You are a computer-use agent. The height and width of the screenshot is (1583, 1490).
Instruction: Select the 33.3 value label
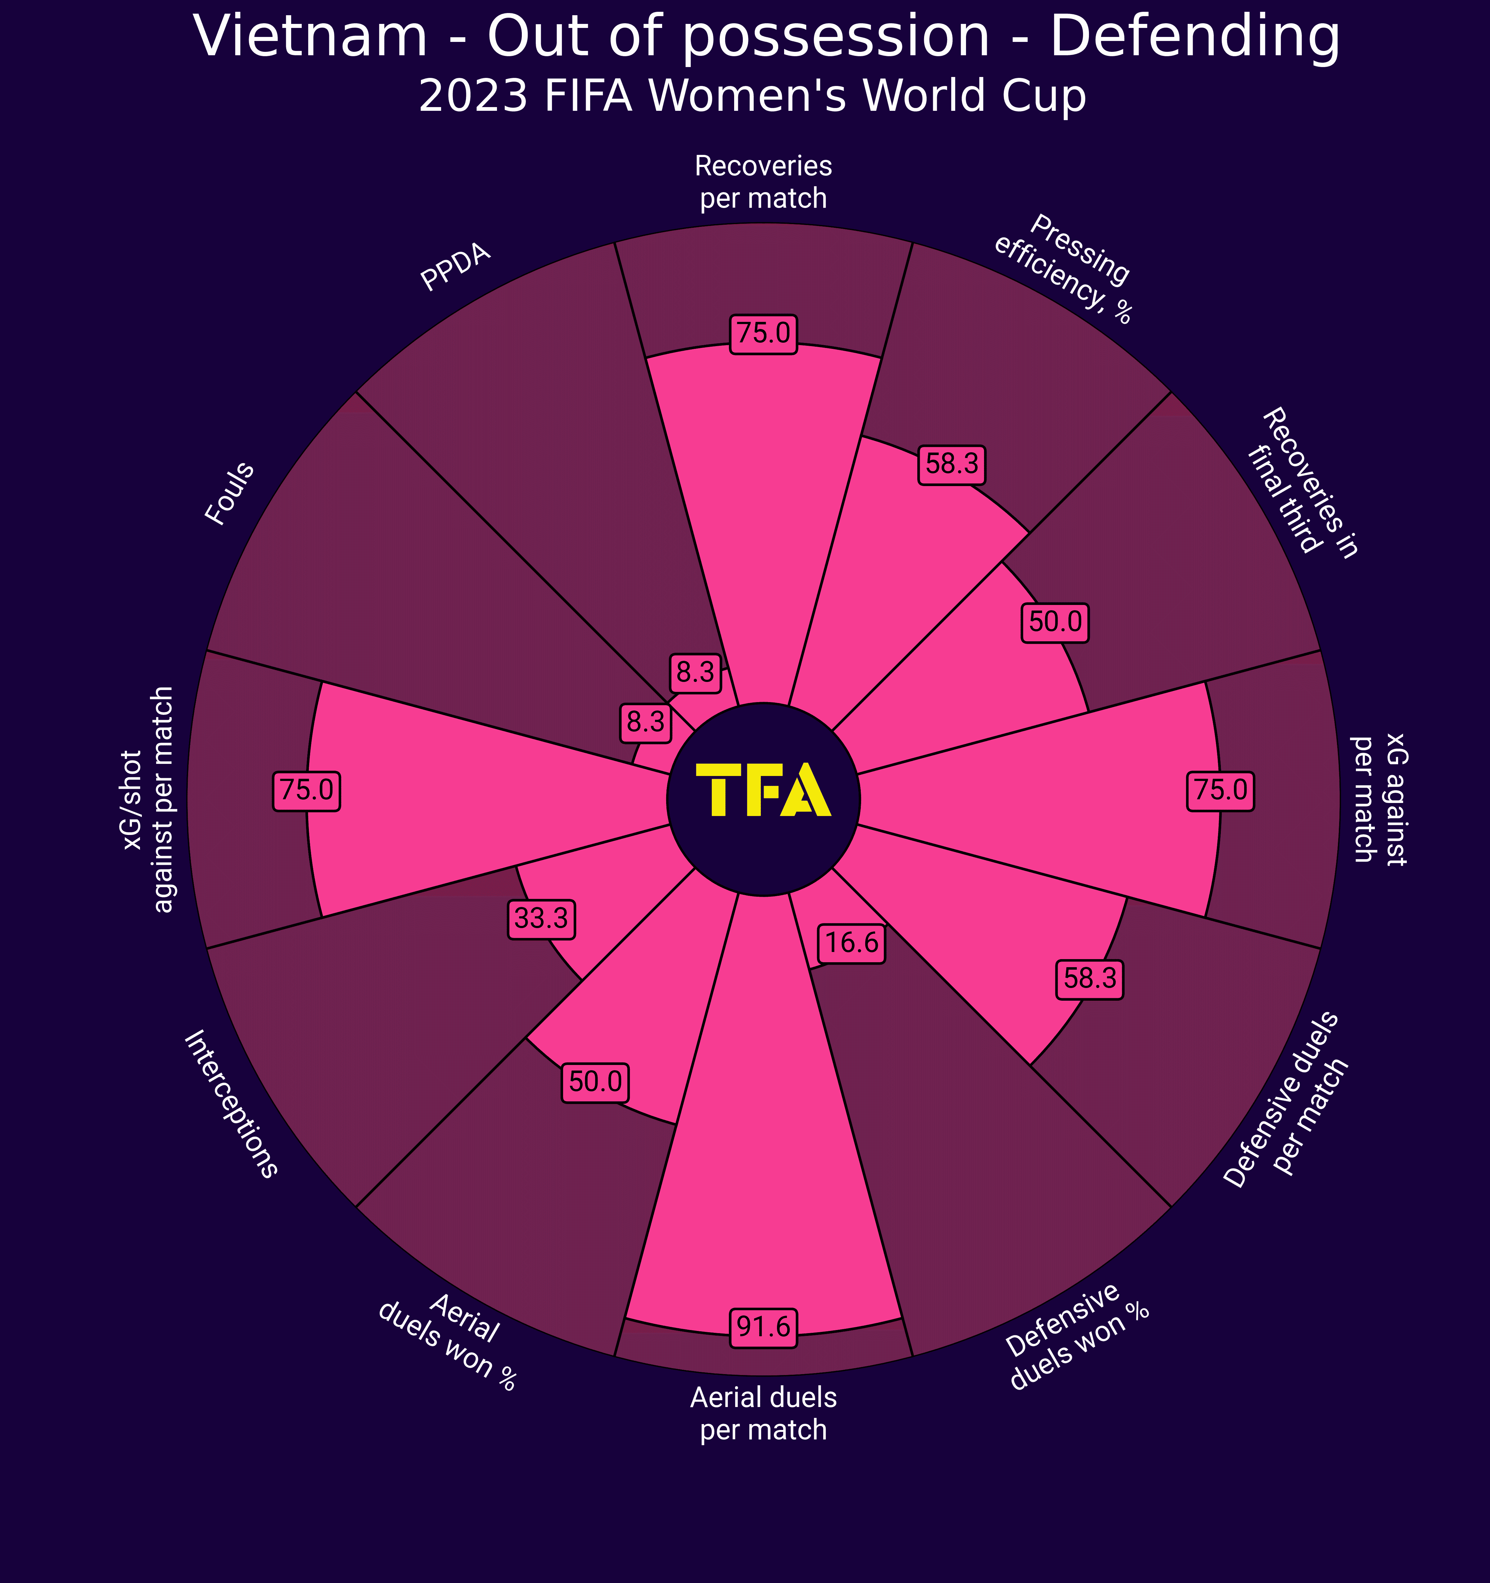point(541,919)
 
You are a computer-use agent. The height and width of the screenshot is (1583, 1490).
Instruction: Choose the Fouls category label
point(230,494)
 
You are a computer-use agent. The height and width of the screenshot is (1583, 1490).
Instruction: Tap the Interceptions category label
point(231,1103)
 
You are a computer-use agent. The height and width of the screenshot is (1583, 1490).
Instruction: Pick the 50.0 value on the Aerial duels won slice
point(597,1082)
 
